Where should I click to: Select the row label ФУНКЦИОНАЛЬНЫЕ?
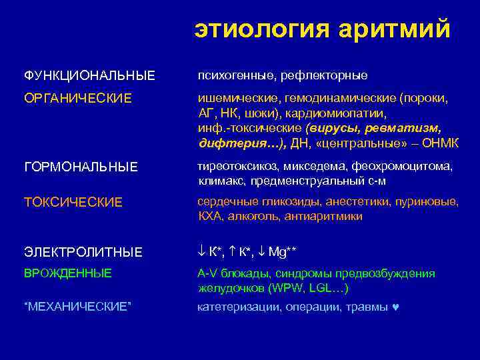pyautogui.click(x=89, y=75)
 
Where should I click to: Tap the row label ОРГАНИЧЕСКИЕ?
pyautogui.click(x=78, y=98)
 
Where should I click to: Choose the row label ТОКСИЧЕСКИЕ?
pyautogui.click(x=73, y=202)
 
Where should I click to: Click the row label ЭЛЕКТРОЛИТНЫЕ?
pyautogui.click(x=83, y=251)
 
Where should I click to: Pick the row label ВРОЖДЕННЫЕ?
pyautogui.click(x=68, y=273)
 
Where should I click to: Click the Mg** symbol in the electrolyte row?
pyautogui.click(x=283, y=251)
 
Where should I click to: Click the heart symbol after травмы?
pyautogui.click(x=396, y=307)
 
